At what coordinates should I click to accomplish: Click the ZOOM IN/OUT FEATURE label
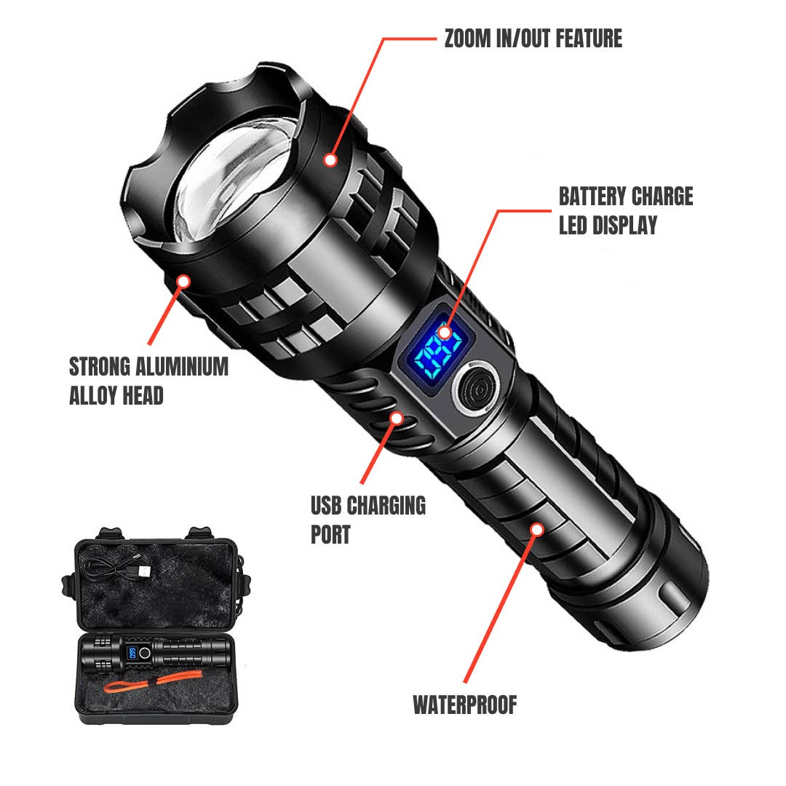pyautogui.click(x=533, y=39)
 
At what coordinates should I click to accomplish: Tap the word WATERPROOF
pyautogui.click(x=464, y=704)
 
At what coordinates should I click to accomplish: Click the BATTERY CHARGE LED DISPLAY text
pyautogui.click(x=625, y=210)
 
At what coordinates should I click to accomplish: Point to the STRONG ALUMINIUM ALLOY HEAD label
pyautogui.click(x=148, y=380)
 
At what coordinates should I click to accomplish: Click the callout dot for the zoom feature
pyautogui.click(x=331, y=159)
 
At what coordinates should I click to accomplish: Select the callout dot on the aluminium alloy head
pyautogui.click(x=183, y=280)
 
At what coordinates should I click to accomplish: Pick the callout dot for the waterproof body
pyautogui.click(x=536, y=529)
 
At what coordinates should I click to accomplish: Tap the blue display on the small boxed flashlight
pyautogui.click(x=132, y=654)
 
